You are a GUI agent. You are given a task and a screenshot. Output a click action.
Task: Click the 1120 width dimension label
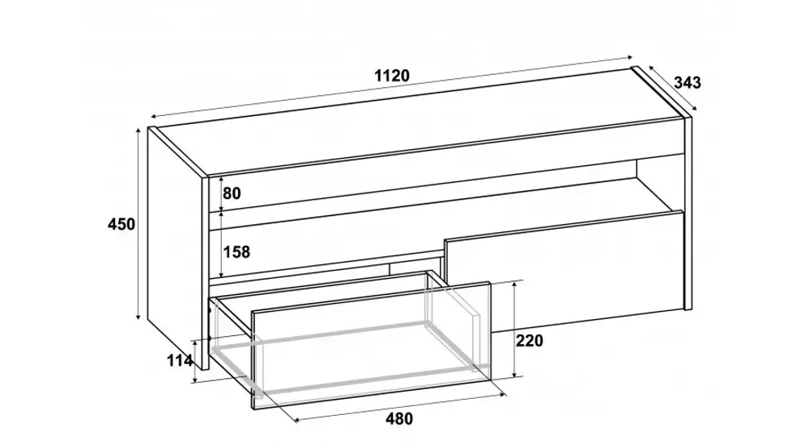tap(391, 76)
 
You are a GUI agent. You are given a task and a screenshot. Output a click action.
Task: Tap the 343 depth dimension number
tap(687, 82)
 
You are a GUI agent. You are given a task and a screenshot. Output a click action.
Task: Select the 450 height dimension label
tap(122, 224)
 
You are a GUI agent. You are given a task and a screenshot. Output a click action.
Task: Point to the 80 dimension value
tap(232, 193)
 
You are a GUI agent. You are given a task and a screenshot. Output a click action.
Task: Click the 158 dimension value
tap(236, 251)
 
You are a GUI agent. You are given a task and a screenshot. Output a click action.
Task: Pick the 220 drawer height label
tap(529, 340)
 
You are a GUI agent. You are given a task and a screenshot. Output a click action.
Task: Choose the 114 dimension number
tap(180, 361)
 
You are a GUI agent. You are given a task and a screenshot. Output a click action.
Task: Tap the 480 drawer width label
tap(399, 419)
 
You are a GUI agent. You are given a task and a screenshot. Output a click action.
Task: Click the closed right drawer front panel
tap(564, 272)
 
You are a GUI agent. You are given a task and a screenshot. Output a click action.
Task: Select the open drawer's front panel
tap(370, 345)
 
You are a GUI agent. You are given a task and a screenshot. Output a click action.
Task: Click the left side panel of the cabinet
tap(175, 247)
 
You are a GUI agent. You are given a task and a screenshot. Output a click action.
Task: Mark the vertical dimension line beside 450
tap(138, 223)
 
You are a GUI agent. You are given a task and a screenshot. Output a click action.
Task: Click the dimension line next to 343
tap(673, 88)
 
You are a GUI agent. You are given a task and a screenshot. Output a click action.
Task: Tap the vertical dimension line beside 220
tap(515, 329)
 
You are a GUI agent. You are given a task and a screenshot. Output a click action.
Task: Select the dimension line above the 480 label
tap(400, 408)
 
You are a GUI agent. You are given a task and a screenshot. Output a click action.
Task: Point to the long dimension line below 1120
tap(391, 87)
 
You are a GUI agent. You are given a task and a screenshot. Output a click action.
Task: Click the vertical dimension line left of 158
tap(221, 244)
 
